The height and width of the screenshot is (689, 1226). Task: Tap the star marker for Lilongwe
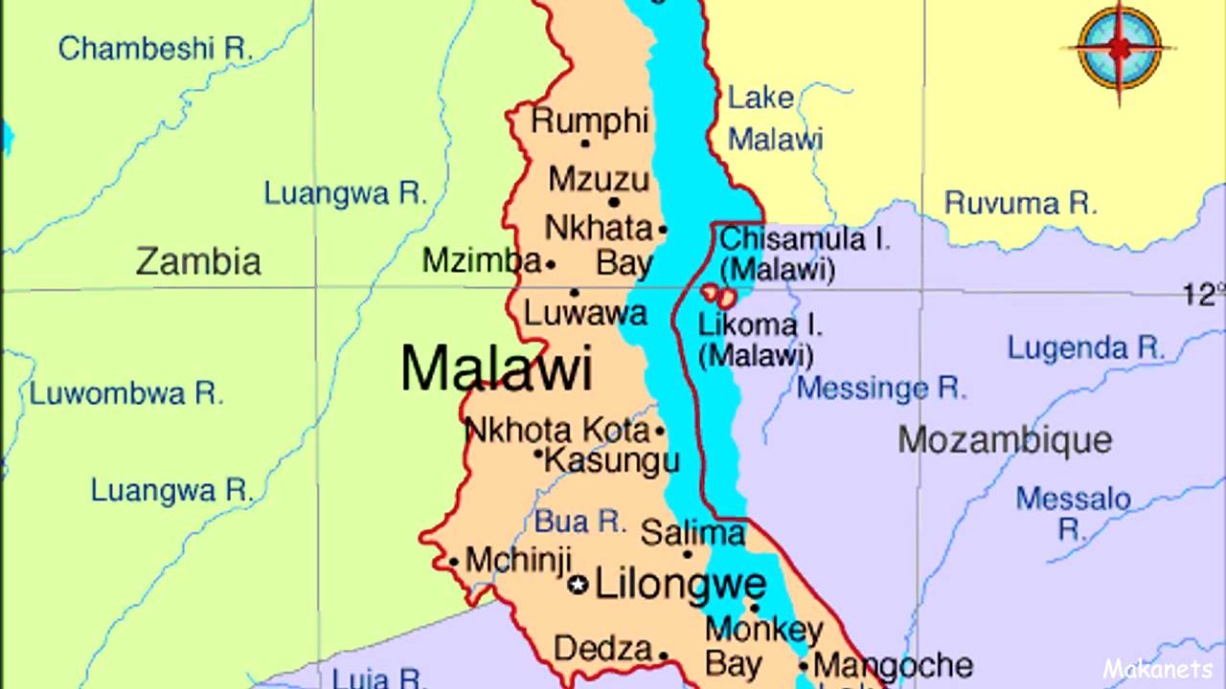[x=578, y=585]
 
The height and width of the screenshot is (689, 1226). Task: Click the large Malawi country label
[x=496, y=367]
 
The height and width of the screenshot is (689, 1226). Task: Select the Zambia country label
[x=198, y=261]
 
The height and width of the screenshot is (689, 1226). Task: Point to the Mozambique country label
[x=1005, y=440]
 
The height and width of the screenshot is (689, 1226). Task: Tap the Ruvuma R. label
[x=1020, y=203]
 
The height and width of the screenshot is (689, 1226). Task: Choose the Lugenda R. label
[x=1085, y=348]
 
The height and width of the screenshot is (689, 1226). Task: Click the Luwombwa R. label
[x=126, y=392]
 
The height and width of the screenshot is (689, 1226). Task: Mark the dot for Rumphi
[x=585, y=144]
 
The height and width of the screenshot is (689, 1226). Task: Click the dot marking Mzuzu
[x=614, y=202]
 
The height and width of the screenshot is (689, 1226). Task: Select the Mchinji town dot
[x=453, y=562]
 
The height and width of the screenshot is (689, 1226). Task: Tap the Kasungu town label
[x=612, y=460]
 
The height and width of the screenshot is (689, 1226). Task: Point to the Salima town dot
[x=687, y=554]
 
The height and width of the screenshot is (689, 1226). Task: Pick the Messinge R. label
[x=881, y=388]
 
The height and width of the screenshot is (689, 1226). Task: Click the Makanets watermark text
[x=1158, y=669]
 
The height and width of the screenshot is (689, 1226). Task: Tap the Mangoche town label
[x=893, y=665]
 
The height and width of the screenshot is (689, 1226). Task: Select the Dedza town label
[x=602, y=649]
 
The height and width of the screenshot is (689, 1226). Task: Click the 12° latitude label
[x=1203, y=294]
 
